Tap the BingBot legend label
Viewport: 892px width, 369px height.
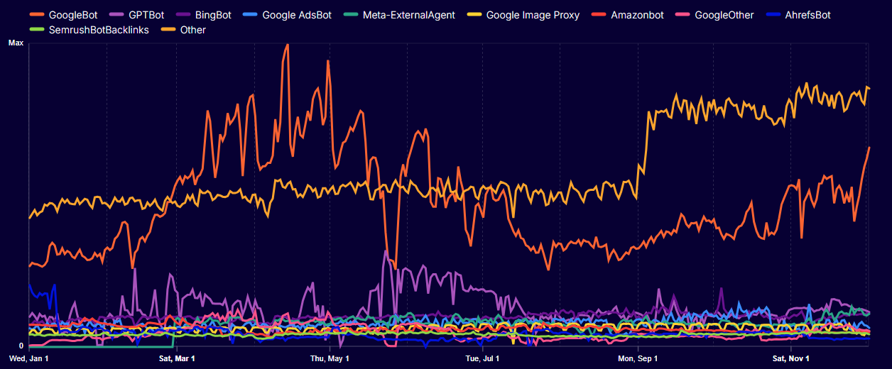[212, 15]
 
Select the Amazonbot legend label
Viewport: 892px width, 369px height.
[637, 15]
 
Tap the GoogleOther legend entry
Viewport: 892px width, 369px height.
[714, 15]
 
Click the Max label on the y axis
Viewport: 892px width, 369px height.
[16, 43]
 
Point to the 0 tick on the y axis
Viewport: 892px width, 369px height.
[21, 346]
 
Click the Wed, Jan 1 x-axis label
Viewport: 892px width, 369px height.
[29, 358]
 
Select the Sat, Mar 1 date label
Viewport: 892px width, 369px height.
[177, 358]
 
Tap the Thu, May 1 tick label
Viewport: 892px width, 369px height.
[331, 358]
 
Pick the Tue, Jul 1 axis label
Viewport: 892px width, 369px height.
[483, 358]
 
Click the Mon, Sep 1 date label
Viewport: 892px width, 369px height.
[638, 358]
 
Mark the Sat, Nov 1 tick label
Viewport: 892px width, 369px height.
[791, 358]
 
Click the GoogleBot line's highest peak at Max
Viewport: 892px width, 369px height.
[286, 45]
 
